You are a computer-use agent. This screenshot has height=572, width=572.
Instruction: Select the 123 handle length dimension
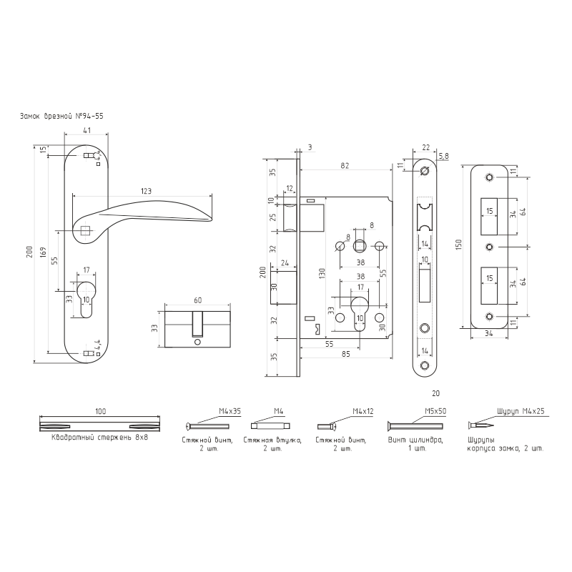click(145, 191)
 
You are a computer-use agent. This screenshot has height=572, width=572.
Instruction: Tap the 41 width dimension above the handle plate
click(86, 131)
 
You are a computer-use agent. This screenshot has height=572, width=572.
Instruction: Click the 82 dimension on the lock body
click(345, 166)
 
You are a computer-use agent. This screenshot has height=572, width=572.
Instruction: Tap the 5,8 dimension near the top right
click(443, 155)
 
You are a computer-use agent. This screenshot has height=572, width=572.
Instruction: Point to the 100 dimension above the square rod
click(99, 412)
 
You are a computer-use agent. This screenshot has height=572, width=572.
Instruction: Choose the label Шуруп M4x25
click(521, 412)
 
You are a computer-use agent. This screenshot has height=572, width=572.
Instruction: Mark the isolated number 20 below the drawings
click(436, 393)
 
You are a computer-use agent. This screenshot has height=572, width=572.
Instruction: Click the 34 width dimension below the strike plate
click(490, 332)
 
